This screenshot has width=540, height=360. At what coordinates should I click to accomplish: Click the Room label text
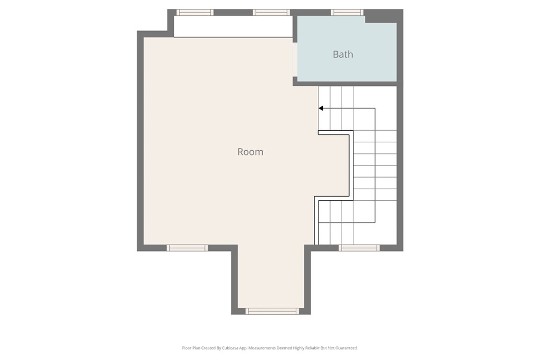(x=250, y=152)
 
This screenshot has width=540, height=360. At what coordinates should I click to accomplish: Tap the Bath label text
(x=343, y=54)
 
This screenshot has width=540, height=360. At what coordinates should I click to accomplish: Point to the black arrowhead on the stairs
(x=321, y=109)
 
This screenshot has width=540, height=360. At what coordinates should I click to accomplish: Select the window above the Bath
(x=347, y=12)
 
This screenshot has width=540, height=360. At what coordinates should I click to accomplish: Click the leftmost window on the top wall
(x=195, y=12)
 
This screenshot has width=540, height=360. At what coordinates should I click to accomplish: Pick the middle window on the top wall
(x=271, y=12)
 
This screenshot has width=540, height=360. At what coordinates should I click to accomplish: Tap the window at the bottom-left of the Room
(x=187, y=248)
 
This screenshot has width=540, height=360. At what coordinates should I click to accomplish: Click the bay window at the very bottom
(x=273, y=311)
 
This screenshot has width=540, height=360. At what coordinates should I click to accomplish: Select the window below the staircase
(x=359, y=248)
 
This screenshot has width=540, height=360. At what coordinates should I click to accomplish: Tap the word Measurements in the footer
(x=263, y=348)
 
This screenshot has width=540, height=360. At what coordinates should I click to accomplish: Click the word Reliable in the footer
(x=311, y=348)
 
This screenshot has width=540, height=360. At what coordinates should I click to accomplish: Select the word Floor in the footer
(x=187, y=348)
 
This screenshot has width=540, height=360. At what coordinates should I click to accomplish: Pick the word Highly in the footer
(x=295, y=348)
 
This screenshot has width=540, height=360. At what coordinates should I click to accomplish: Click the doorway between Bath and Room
(x=295, y=60)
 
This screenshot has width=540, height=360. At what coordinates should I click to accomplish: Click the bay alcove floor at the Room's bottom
(x=271, y=279)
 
